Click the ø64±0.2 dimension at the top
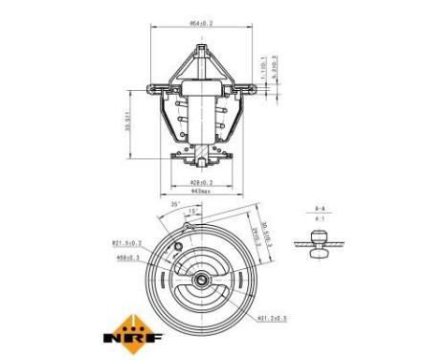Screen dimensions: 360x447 (201, 21)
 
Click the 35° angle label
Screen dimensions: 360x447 (175, 205)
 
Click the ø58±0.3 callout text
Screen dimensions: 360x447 (128, 256)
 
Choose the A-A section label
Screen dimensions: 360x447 (321, 208)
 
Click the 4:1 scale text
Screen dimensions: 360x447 (321, 220)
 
